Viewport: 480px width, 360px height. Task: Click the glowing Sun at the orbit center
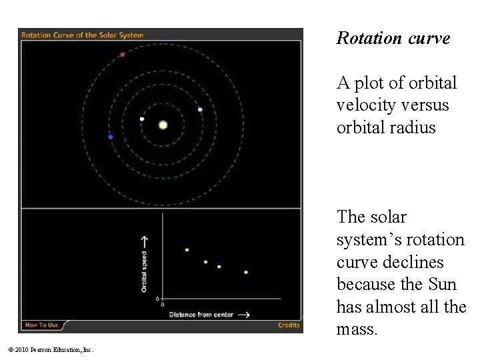click(163, 125)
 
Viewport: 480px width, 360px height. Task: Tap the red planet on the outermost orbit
click(122, 55)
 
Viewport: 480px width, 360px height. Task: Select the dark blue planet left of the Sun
click(111, 137)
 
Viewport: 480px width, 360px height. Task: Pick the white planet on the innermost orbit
click(142, 119)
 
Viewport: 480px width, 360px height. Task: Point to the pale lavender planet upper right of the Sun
click(200, 109)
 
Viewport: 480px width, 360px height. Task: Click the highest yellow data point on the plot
click(187, 250)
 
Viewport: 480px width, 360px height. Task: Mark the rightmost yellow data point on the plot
click(246, 272)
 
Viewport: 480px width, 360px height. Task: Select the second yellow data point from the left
click(205, 262)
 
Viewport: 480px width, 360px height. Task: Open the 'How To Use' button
click(41, 325)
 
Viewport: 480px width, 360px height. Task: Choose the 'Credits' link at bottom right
click(288, 325)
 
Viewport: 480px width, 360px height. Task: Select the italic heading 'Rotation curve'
click(393, 39)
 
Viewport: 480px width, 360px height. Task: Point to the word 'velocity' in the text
click(363, 105)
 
